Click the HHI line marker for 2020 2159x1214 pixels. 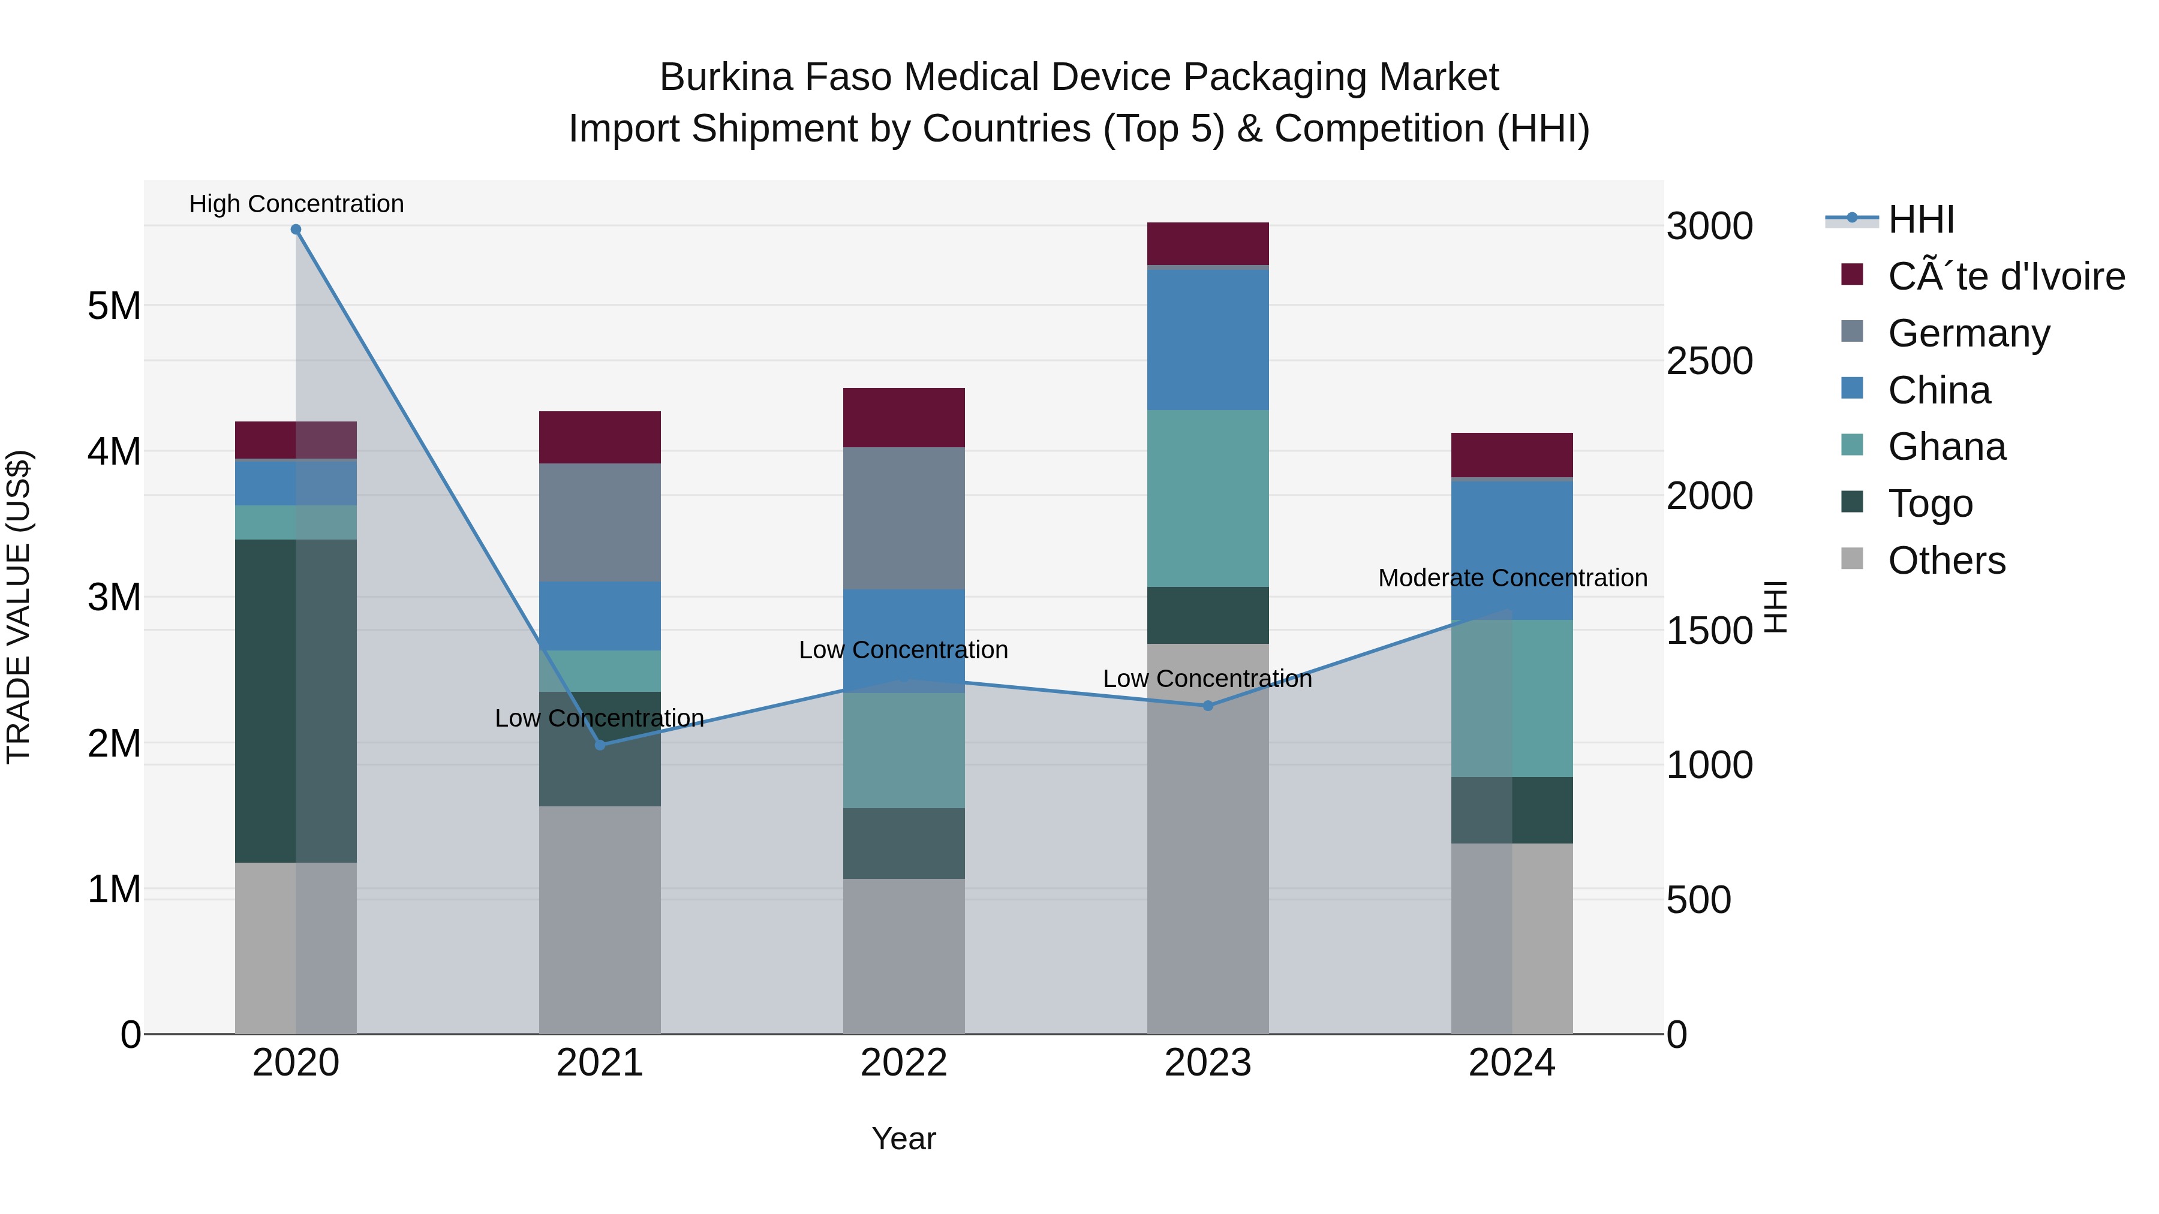(296, 230)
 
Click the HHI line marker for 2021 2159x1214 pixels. (600, 745)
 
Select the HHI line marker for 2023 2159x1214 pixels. (1208, 706)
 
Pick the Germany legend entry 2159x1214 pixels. (1968, 333)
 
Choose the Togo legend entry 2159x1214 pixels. (1929, 504)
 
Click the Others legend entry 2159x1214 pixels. (1946, 561)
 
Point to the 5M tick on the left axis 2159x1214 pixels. (114, 306)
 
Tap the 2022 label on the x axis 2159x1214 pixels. (904, 1063)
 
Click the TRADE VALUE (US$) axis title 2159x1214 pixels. (19, 607)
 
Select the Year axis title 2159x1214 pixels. (904, 1138)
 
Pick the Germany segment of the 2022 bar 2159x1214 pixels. (904, 518)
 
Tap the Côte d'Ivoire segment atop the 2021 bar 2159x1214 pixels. (600, 438)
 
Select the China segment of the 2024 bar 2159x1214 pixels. (1512, 550)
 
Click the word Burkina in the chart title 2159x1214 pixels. (726, 77)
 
